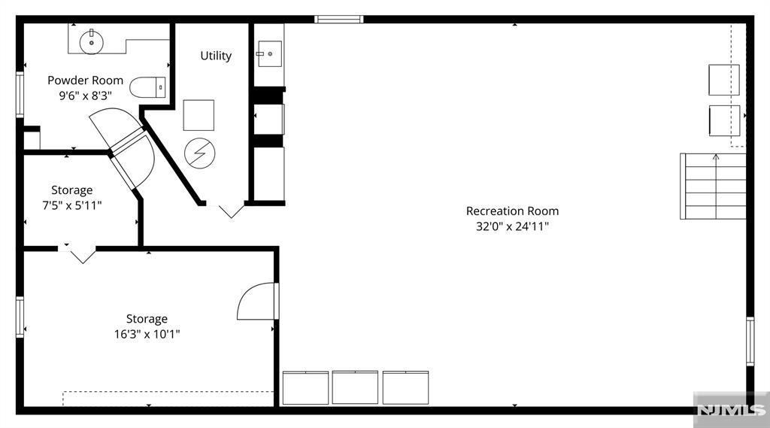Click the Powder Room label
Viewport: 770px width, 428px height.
[x=85, y=80]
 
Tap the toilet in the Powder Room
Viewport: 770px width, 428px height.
[x=147, y=87]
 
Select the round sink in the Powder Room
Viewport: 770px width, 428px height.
[x=91, y=42]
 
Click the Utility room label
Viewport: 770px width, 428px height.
[x=216, y=56]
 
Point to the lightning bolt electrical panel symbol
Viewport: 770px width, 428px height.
[x=200, y=153]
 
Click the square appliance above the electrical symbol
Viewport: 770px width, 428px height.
[x=199, y=115]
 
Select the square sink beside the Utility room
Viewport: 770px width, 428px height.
[x=270, y=53]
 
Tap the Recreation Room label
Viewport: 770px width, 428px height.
[x=512, y=211]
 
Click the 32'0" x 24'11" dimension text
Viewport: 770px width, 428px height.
[x=512, y=226]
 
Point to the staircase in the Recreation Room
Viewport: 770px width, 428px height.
[x=713, y=187]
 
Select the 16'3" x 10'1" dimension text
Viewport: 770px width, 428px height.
[x=147, y=334]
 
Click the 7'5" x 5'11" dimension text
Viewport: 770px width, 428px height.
[x=71, y=205]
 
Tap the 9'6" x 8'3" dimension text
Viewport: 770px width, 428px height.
[x=86, y=96]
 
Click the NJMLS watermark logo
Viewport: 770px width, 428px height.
[x=731, y=410]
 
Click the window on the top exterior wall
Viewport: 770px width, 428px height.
[x=339, y=19]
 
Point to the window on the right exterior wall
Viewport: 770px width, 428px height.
[x=750, y=341]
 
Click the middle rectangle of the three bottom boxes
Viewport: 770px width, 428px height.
[x=355, y=387]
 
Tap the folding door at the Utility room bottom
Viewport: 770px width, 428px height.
[x=231, y=210]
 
